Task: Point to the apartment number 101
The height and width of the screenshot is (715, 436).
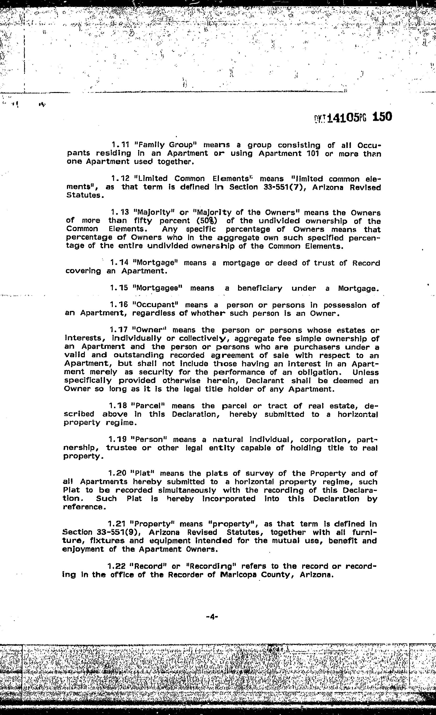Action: point(313,153)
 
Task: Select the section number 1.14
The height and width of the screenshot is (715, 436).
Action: point(119,263)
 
